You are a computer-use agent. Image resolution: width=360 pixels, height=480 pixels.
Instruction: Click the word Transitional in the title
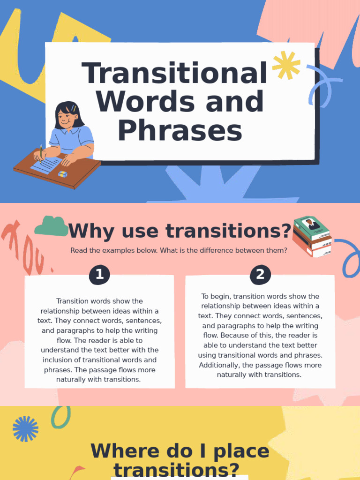click(x=174, y=73)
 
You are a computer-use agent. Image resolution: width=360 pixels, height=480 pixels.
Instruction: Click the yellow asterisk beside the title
click(x=286, y=66)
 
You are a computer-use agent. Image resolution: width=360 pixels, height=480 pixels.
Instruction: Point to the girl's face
click(x=66, y=116)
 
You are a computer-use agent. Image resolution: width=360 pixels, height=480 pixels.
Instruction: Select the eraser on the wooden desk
click(x=62, y=174)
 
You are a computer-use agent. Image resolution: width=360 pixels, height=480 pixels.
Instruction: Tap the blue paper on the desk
click(x=46, y=165)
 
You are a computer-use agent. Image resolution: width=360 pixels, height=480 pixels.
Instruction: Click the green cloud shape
click(x=51, y=226)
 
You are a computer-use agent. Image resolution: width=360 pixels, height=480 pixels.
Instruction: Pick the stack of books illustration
click(x=312, y=237)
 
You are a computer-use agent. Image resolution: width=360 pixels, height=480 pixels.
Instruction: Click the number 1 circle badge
click(x=99, y=275)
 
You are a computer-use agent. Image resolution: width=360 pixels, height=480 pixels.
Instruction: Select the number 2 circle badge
click(x=260, y=275)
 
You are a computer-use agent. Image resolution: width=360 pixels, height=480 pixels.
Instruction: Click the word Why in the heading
click(x=92, y=231)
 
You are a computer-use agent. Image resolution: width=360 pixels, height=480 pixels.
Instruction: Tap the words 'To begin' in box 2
click(x=216, y=296)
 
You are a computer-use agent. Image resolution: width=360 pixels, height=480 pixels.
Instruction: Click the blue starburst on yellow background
click(x=25, y=429)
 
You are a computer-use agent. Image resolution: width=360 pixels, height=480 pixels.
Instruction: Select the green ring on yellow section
click(x=60, y=417)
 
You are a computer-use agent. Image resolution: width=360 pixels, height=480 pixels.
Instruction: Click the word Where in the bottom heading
click(x=124, y=451)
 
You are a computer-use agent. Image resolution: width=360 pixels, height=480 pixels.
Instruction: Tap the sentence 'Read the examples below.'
click(x=114, y=250)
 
